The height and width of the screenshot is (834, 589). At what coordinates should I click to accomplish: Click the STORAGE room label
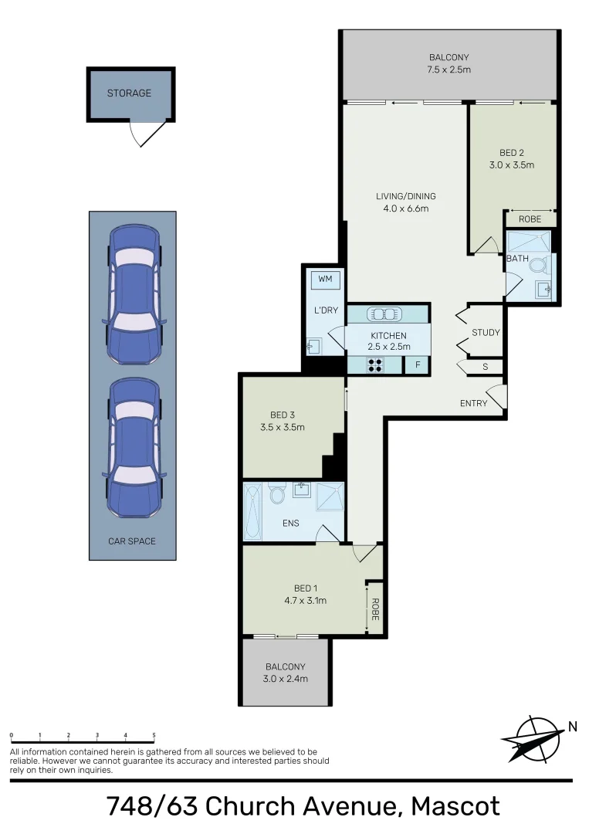tap(129, 93)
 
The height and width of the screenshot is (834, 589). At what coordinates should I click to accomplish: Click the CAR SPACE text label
tap(132, 541)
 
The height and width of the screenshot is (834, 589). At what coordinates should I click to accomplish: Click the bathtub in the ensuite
tap(252, 512)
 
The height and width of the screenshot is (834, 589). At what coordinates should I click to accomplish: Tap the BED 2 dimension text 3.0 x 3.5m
tap(511, 165)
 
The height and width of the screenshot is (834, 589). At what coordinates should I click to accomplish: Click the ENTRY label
tap(473, 403)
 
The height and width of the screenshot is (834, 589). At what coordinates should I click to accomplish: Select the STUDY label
tap(486, 333)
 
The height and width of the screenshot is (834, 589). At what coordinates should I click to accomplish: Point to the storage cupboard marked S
tap(485, 367)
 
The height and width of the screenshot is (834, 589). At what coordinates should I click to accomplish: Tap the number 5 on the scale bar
tap(154, 735)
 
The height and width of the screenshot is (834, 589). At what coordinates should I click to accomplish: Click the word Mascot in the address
tap(455, 806)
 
